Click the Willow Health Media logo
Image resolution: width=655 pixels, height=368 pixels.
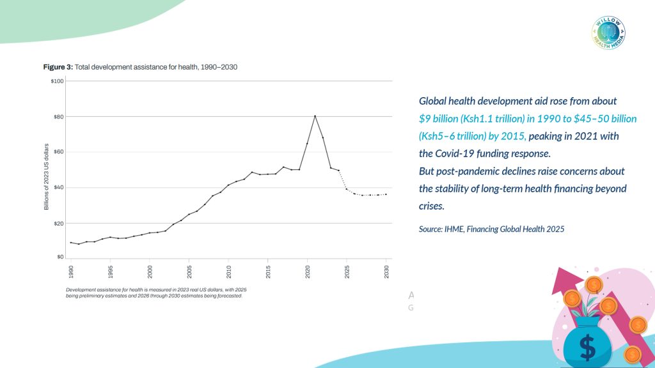608,33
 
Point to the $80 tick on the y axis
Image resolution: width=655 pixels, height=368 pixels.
58,117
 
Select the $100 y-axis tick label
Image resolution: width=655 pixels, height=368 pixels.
57,81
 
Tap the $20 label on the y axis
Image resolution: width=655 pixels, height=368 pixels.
58,224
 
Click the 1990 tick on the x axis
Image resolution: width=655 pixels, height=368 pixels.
70,270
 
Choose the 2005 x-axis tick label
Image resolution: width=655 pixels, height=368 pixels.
189,270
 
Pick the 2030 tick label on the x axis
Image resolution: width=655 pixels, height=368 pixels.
386,270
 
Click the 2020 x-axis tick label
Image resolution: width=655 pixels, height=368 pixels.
307,270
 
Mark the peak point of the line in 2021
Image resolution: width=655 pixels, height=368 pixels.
315,116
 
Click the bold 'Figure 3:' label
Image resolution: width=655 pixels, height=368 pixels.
58,67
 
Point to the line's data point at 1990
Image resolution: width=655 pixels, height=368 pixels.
70,242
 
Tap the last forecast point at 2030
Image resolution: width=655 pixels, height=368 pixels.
386,194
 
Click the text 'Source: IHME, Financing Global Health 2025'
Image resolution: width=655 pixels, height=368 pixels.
491,229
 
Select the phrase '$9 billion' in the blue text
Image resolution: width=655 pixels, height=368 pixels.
441,119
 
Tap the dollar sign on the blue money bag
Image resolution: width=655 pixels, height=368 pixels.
587,346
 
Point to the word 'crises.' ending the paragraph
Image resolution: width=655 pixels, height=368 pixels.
432,206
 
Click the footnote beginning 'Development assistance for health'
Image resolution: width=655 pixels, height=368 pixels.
154,293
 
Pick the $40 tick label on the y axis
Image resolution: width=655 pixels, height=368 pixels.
58,188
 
